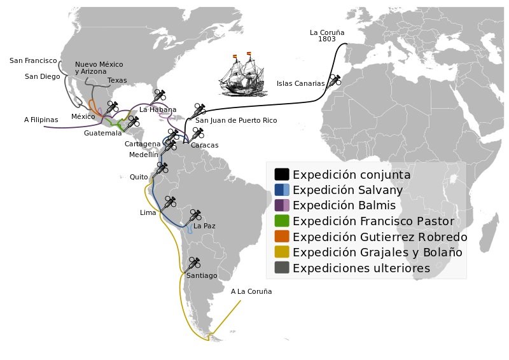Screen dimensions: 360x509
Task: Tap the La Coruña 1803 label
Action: click(x=323, y=36)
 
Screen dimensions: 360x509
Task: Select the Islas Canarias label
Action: click(x=300, y=83)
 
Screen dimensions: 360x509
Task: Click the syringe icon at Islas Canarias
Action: click(x=333, y=80)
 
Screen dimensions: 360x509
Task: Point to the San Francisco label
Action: click(x=33, y=61)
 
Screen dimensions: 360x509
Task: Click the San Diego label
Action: click(x=42, y=76)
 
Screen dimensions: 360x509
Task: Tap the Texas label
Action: click(x=117, y=81)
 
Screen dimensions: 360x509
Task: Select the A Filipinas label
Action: click(x=41, y=120)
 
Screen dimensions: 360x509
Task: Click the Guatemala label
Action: click(x=102, y=134)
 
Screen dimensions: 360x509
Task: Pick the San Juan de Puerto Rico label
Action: click(x=236, y=120)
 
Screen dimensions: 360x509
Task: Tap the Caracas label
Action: click(x=204, y=145)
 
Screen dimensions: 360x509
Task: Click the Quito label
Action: click(x=138, y=177)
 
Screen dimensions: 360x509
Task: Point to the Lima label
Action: click(x=148, y=212)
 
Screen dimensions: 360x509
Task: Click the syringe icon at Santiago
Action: click(x=194, y=263)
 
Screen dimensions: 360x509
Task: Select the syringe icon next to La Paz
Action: click(x=195, y=215)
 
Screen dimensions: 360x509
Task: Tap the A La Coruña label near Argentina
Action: click(x=251, y=291)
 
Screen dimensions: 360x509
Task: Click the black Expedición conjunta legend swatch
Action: click(x=282, y=174)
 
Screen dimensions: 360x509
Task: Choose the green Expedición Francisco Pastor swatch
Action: click(x=282, y=221)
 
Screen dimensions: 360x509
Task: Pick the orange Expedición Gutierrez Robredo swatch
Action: click(x=282, y=237)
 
